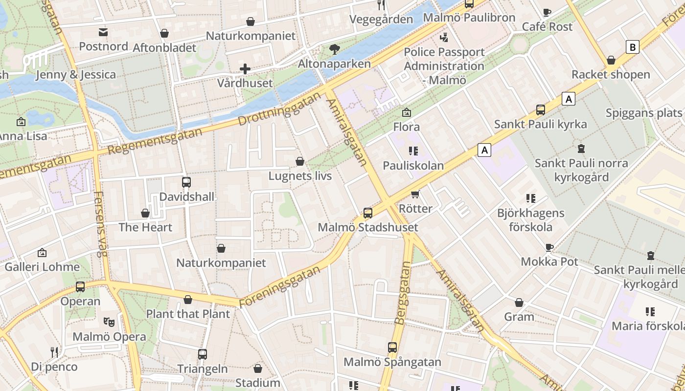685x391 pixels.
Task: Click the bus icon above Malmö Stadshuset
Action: pyautogui.click(x=367, y=213)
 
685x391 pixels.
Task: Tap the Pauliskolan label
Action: pyautogui.click(x=413, y=166)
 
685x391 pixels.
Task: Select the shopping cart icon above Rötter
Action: pyautogui.click(x=415, y=194)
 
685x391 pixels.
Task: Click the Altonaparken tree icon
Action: pyautogui.click(x=335, y=49)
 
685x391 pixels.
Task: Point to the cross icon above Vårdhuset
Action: pyautogui.click(x=245, y=69)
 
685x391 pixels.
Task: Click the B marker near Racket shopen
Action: pyautogui.click(x=633, y=47)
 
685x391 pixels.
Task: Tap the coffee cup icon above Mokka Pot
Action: pyautogui.click(x=549, y=247)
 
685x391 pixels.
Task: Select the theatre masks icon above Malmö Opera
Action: pyautogui.click(x=109, y=322)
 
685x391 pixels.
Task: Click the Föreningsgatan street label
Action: pyautogui.click(x=281, y=286)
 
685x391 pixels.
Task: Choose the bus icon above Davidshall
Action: pyautogui.click(x=186, y=182)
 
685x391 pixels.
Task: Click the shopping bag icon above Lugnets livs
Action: pyautogui.click(x=300, y=161)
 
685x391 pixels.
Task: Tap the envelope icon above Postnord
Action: pyautogui.click(x=103, y=32)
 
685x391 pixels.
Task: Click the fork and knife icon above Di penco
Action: pyautogui.click(x=54, y=352)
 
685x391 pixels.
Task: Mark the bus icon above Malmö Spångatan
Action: pyautogui.click(x=392, y=348)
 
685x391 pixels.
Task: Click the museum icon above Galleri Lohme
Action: pyautogui.click(x=42, y=253)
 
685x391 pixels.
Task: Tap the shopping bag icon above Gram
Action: pyautogui.click(x=519, y=303)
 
